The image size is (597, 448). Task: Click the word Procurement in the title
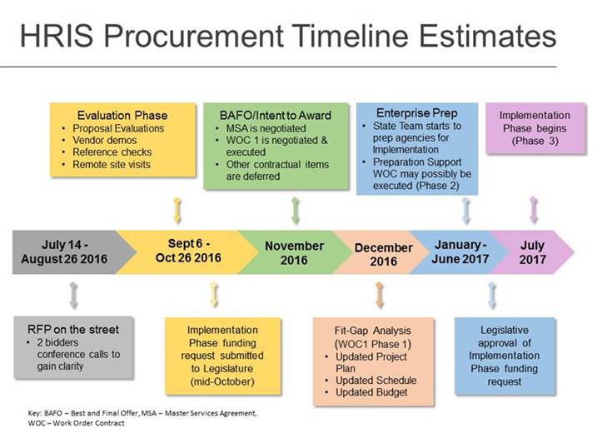coord(193,36)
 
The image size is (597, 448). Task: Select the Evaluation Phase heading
coord(122,115)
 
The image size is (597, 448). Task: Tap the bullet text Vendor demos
coord(105,140)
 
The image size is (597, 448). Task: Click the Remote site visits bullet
coord(112,164)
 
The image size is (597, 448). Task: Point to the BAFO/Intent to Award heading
coord(276,115)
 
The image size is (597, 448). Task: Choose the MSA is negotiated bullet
coord(266,128)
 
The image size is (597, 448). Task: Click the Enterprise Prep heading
coord(417,113)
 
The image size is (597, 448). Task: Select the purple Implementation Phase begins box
coord(535,128)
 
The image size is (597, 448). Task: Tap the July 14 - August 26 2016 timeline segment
coord(64,252)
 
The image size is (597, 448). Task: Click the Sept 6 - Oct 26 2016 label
coord(188,251)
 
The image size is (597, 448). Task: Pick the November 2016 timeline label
coord(294,253)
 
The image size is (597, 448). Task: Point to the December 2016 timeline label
coord(383,255)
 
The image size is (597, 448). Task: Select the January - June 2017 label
coord(460,252)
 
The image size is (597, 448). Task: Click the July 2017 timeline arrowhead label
coord(532,252)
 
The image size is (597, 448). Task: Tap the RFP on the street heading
coord(73,329)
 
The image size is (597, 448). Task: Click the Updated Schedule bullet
coord(376,381)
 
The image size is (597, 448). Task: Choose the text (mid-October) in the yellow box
coord(222,381)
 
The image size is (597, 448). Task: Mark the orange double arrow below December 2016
coord(379,295)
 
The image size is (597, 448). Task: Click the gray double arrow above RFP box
coord(73,295)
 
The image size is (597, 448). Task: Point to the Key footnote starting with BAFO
coord(142,418)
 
